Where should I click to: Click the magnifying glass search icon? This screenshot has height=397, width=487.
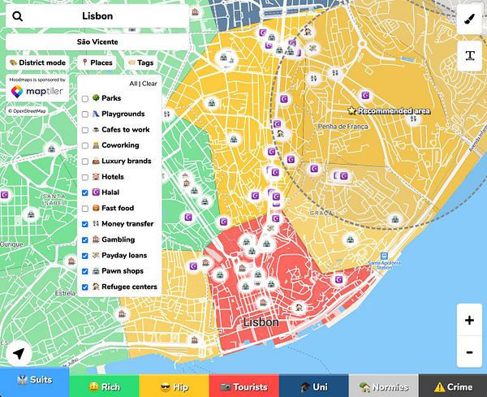pos(18,15)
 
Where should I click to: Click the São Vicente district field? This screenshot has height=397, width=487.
pos(97,41)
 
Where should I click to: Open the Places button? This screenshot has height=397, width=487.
pos(97,62)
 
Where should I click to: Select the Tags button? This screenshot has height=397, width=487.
pos(140,62)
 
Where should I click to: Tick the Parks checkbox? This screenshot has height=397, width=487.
pos(85,98)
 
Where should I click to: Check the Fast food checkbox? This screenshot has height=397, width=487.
pos(85,208)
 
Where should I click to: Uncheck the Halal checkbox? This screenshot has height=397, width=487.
pos(85,192)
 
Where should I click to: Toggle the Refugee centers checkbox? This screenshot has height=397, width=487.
pos(85,287)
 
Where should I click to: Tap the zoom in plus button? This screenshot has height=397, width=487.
pos(469,320)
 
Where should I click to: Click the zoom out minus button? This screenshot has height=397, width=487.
pos(469,353)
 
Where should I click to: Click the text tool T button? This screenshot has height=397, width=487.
pos(469,55)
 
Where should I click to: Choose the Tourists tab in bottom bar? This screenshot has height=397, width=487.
pos(243,386)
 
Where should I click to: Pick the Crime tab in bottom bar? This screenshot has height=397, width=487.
pos(452,386)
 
